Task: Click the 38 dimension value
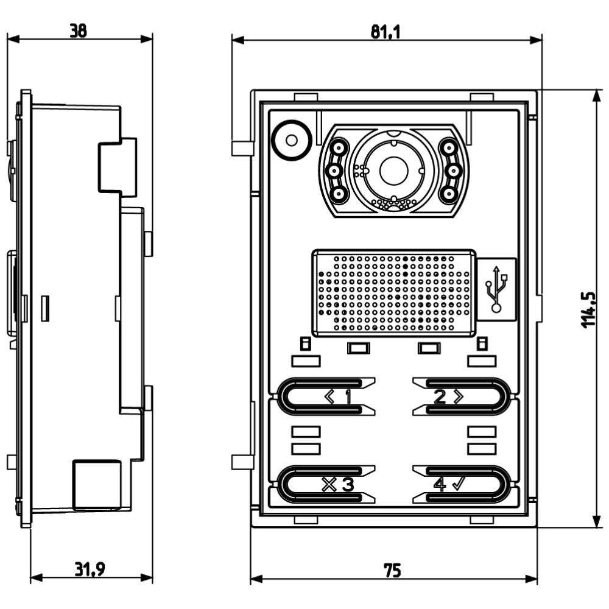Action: (x=77, y=30)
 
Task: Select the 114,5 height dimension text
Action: (x=588, y=309)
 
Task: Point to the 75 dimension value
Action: (x=392, y=570)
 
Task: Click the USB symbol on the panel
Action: (x=496, y=288)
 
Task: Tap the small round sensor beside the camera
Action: (x=292, y=140)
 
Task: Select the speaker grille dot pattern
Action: (x=394, y=292)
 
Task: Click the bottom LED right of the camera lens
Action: (x=449, y=194)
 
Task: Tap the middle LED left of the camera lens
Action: (x=335, y=171)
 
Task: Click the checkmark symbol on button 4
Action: (x=459, y=484)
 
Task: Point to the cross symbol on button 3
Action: (x=329, y=485)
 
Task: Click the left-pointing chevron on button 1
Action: (x=329, y=398)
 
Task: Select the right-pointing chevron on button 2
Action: (x=458, y=397)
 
